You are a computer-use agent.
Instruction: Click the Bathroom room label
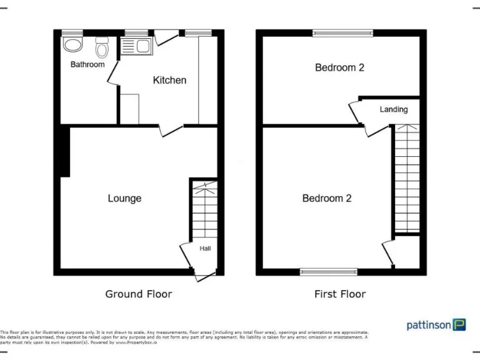[87, 64]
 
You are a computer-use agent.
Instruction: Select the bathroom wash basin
[73, 44]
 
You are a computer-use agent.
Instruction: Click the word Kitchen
[169, 80]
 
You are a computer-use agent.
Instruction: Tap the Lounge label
[124, 198]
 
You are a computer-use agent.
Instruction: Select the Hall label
[205, 249]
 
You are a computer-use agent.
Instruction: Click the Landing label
[393, 109]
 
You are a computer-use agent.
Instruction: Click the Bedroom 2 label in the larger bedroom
[326, 198]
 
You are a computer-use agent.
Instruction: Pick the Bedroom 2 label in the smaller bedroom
[339, 67]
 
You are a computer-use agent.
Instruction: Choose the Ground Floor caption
[138, 294]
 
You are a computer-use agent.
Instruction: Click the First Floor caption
[340, 294]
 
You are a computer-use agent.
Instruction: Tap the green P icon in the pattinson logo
[459, 324]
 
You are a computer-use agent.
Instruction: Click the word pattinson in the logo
[429, 325]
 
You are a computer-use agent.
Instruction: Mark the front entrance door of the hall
[203, 276]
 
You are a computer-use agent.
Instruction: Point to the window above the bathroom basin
[73, 32]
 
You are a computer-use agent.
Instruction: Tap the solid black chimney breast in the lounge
[64, 151]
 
